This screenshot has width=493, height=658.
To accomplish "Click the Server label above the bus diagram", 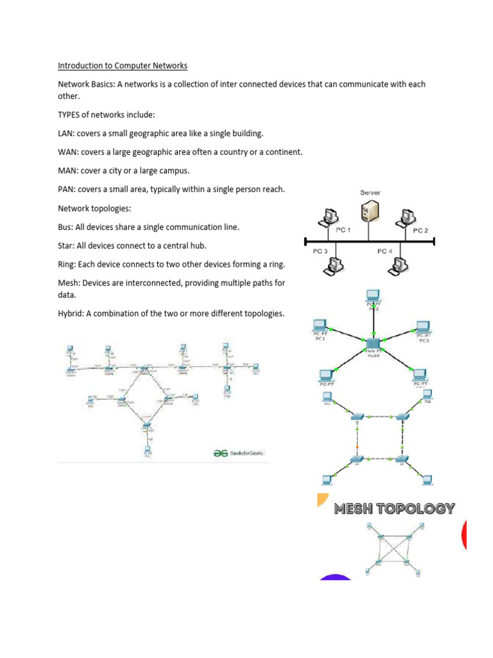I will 369,193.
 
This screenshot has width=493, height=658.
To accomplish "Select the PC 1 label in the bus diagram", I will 343,229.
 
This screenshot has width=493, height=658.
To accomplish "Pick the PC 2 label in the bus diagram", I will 420,229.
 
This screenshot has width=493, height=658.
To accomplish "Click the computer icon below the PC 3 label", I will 334,264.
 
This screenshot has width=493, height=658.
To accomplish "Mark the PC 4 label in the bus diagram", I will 385,251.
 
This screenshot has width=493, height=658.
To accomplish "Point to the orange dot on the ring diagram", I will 357,446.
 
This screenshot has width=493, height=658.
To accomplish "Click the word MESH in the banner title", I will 358,509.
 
